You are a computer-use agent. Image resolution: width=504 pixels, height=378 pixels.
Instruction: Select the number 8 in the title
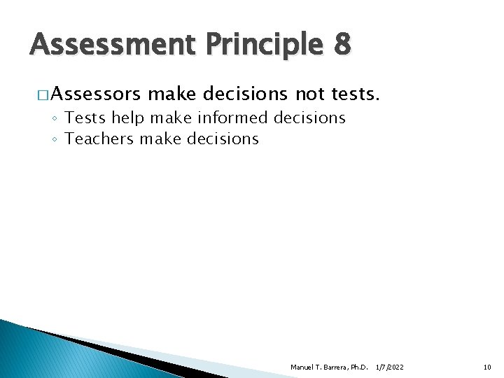pos(342,45)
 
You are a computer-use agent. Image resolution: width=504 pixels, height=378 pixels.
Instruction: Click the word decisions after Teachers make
pos(221,139)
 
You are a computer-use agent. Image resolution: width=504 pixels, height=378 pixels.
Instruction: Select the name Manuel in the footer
pos(303,367)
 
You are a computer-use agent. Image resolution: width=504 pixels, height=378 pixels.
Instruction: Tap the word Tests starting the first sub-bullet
pos(83,118)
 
